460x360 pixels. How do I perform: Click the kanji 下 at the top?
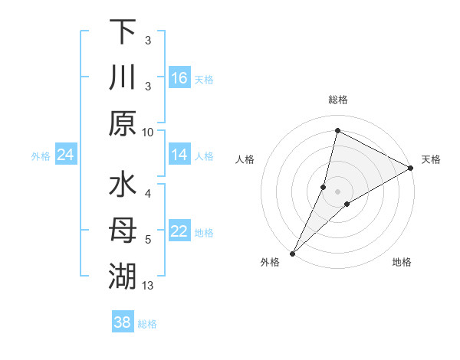123,32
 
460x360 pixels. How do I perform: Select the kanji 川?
123,78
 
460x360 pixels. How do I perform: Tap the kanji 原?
123,123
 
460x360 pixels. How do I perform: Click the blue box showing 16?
179,78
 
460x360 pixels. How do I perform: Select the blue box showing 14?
179,155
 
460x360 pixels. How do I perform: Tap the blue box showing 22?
179,232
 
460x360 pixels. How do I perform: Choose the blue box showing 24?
65,155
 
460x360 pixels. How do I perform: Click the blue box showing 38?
122,322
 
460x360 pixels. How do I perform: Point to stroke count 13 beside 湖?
148,286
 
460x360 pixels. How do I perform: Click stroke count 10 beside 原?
148,132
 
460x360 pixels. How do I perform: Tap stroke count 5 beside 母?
148,240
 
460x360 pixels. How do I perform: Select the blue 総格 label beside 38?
147,324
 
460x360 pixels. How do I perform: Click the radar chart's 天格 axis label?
431,159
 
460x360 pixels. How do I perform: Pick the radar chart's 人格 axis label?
245,159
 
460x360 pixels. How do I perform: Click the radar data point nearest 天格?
411,168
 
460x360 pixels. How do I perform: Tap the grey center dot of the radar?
337,191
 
